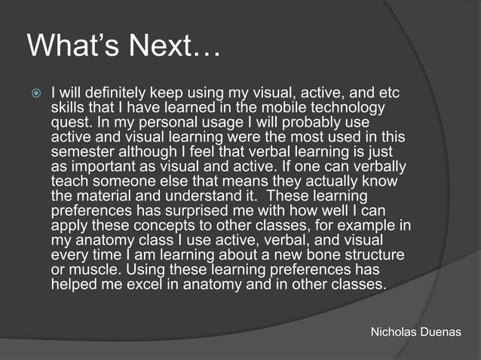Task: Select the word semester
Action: (84, 153)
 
